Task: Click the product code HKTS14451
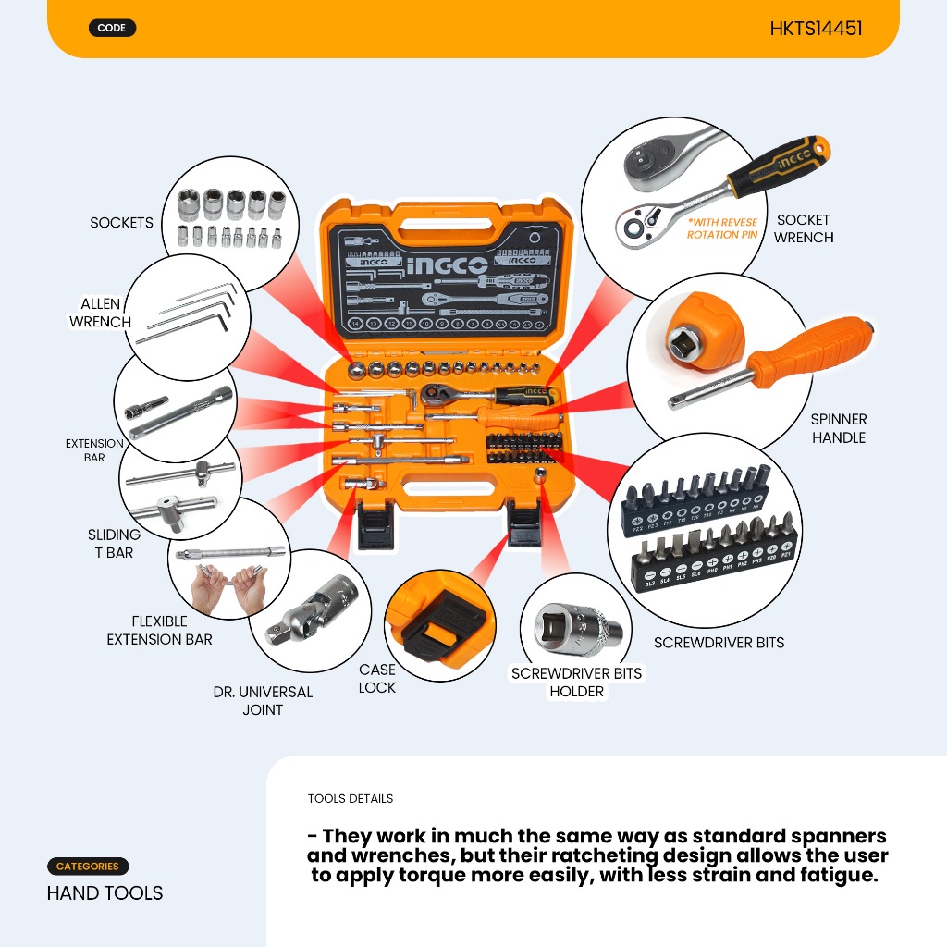[x=816, y=29]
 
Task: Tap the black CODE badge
[x=112, y=28]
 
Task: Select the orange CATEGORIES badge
[x=88, y=867]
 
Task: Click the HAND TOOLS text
[x=105, y=892]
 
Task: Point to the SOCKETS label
[x=121, y=223]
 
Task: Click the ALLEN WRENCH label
[x=100, y=314]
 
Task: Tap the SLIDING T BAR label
[x=114, y=544]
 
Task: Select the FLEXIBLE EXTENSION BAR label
[x=159, y=630]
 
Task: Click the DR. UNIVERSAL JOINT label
[x=263, y=700]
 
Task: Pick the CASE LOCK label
[x=376, y=678]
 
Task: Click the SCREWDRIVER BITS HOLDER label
[x=576, y=682]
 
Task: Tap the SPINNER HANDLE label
[x=839, y=428]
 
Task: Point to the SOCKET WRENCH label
[x=804, y=228]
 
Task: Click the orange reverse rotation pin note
[x=722, y=228]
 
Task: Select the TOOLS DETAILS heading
[x=350, y=798]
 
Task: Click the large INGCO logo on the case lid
[x=447, y=265]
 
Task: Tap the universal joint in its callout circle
[x=310, y=610]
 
